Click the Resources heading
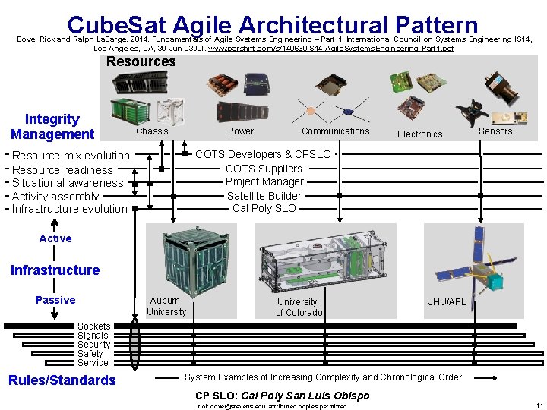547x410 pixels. [x=141, y=61]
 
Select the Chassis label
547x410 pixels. [x=152, y=131]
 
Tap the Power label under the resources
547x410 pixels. [x=241, y=131]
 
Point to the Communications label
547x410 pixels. [x=335, y=131]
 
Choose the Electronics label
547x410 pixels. [x=419, y=134]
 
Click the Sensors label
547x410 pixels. [x=495, y=131]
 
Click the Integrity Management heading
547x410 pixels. [x=52, y=127]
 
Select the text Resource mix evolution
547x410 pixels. [x=71, y=156]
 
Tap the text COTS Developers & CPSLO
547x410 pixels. [x=263, y=154]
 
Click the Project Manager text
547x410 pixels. [x=264, y=181]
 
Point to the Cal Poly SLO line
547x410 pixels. [x=264, y=208]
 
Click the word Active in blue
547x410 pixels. [x=55, y=238]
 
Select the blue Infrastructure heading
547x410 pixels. [x=55, y=270]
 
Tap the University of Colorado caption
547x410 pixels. [x=299, y=307]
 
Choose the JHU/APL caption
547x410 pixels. [x=447, y=302]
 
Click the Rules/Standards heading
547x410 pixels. [x=62, y=380]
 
